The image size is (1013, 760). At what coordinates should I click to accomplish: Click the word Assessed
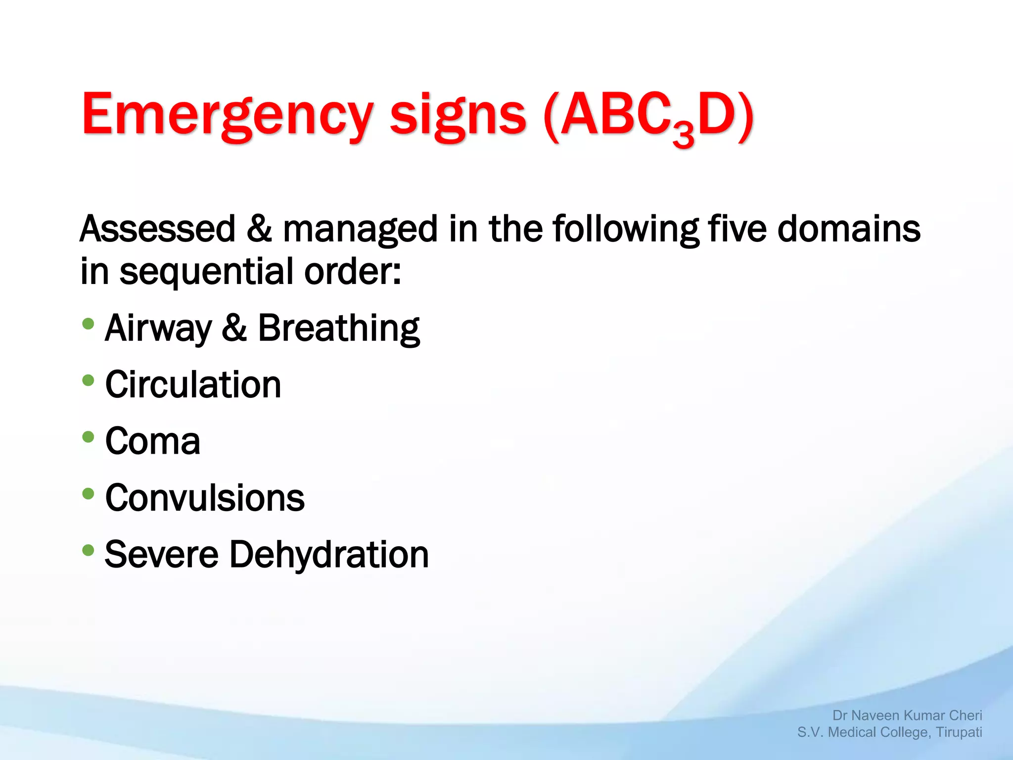coord(157,229)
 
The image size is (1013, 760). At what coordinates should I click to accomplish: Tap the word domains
coord(849,229)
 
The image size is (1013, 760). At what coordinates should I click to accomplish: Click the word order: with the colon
coord(352,272)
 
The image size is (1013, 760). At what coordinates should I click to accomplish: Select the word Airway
coord(158,329)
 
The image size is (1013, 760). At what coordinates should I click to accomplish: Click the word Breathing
coord(339,329)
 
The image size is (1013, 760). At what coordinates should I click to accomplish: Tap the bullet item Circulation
coord(193,384)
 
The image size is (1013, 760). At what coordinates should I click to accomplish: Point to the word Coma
coord(152,441)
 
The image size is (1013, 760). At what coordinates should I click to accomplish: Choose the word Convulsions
coord(205,498)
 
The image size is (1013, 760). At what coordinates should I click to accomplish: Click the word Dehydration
coord(329,554)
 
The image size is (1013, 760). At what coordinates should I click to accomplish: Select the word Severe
coord(161,554)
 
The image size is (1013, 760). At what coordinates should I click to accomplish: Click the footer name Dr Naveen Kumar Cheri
coord(907,715)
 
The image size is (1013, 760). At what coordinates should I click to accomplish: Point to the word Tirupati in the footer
coord(959,732)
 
